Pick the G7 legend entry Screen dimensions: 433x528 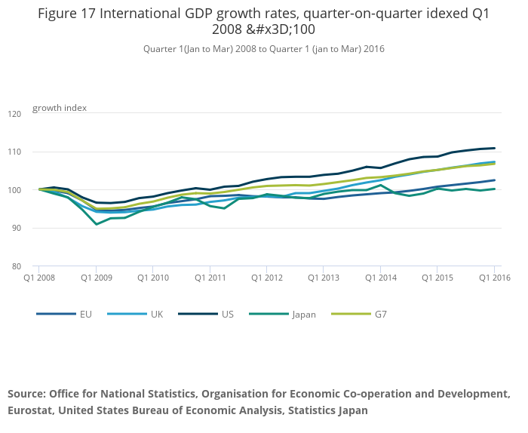tap(380, 315)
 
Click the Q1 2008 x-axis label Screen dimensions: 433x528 tap(39, 278)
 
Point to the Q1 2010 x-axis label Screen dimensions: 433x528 tap(153, 278)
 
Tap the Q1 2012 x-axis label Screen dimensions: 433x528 tap(267, 278)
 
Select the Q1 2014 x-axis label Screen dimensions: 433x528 tap(380, 278)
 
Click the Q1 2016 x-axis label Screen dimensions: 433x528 tap(494, 278)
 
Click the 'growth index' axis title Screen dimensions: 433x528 tap(60, 108)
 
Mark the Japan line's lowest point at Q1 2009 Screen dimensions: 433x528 tap(96, 224)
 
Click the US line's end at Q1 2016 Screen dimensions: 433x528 tap(494, 148)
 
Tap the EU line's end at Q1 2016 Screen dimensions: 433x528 tap(494, 180)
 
